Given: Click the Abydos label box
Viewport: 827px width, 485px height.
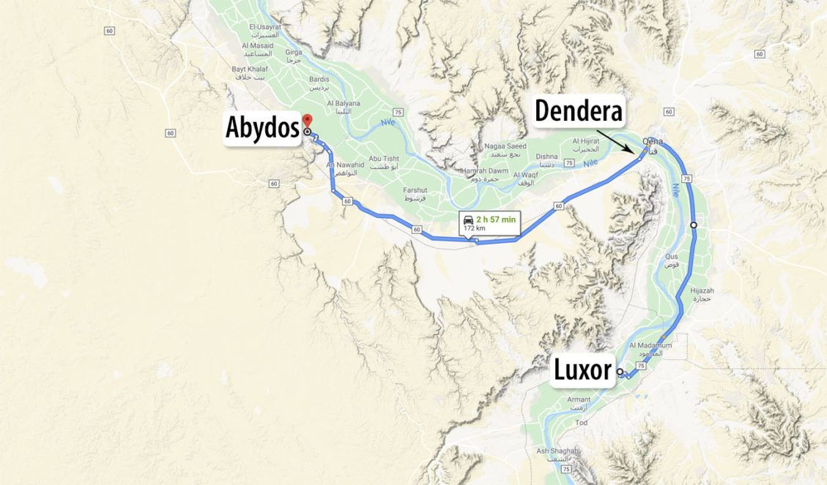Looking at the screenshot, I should click(262, 129).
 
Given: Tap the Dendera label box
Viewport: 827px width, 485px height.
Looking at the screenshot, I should click(578, 111).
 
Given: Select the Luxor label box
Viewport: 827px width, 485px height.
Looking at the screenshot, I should click(582, 370).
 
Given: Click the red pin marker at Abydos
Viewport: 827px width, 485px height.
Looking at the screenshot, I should click(307, 121).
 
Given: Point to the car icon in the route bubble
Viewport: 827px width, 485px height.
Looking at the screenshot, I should click(467, 219).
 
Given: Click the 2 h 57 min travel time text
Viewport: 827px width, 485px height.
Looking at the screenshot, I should click(497, 219).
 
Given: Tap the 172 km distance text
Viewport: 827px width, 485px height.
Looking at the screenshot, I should click(475, 228).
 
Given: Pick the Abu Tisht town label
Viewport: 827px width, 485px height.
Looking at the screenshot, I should click(384, 159).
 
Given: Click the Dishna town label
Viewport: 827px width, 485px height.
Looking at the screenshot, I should click(546, 156).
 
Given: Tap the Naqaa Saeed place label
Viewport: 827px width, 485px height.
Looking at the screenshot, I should click(505, 146).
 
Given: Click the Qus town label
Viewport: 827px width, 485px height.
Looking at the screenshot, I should click(671, 257).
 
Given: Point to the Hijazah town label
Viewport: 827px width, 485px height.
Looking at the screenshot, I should click(701, 290).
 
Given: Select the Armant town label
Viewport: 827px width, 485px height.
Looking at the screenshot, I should click(579, 399).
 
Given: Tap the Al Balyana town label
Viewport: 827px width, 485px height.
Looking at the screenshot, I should click(344, 103).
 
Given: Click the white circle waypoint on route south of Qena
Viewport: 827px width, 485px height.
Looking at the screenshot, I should click(693, 225).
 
